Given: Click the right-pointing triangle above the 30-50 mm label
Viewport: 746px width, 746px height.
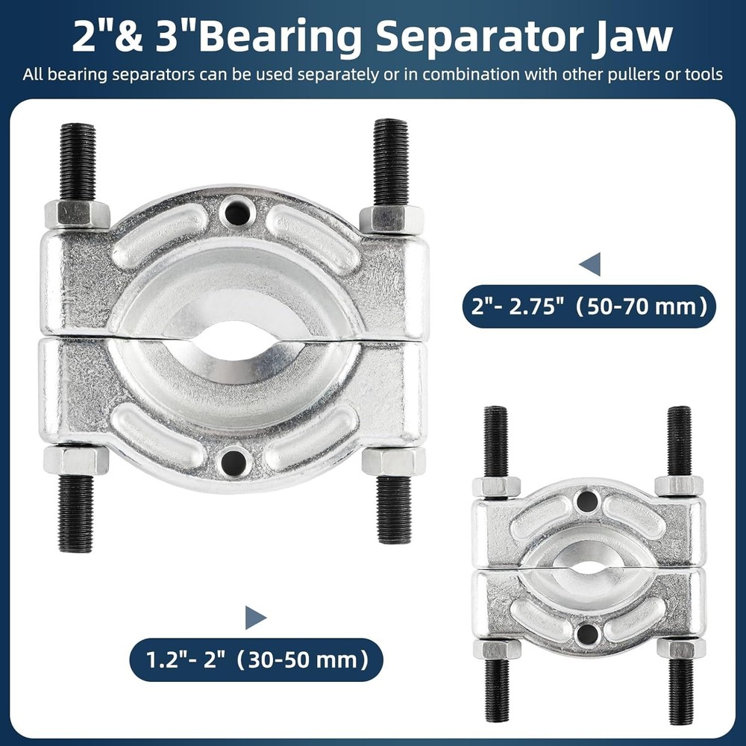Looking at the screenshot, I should pos(255,617).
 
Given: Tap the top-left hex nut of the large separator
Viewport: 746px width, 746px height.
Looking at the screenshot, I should pos(77,215).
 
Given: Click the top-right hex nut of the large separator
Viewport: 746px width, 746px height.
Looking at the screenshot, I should pos(392,219).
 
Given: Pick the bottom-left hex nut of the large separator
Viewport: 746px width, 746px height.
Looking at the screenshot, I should pos(76,460).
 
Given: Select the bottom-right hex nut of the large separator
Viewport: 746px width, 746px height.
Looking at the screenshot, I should pos(393,460).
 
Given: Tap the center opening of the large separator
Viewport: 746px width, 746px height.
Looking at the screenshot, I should pos(237,344).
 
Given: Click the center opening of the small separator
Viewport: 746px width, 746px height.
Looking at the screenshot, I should pos(589,568).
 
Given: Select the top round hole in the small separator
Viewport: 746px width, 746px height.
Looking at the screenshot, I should pos(588,502).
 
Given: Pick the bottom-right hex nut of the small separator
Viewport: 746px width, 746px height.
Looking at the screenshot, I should pos(680,648).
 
